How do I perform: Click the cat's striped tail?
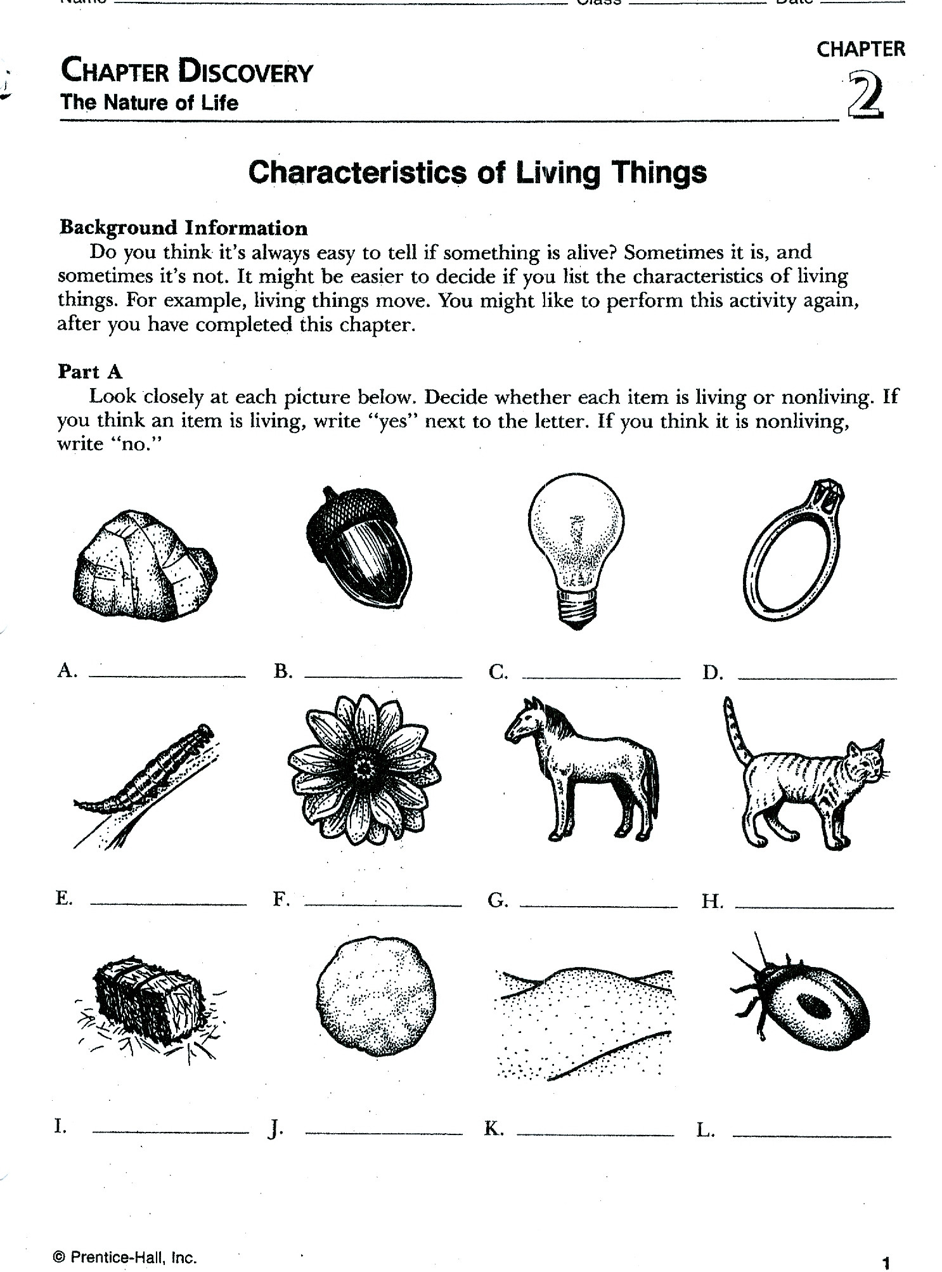736,729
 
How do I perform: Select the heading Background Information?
183,228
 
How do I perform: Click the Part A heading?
90,371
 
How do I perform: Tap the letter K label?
494,1129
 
